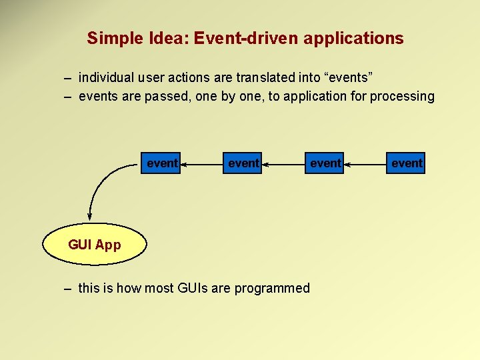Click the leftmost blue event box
pyautogui.click(x=161, y=163)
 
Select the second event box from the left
pyautogui.click(x=243, y=163)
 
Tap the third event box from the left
pyautogui.click(x=325, y=163)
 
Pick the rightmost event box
pyautogui.click(x=406, y=163)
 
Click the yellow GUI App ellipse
pyautogui.click(x=94, y=245)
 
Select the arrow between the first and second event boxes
pyautogui.click(x=201, y=163)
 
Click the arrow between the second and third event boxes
pyautogui.click(x=283, y=163)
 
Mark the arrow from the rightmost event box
pyautogui.click(x=365, y=163)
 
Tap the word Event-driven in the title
pyautogui.click(x=246, y=39)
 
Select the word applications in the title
pyautogui.click(x=353, y=39)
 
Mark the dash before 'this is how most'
pyautogui.click(x=67, y=289)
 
